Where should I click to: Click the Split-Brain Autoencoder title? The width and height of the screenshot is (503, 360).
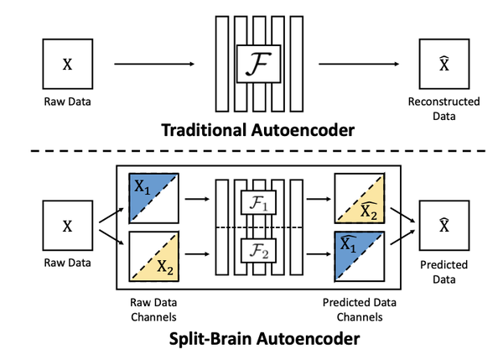pos(251,341)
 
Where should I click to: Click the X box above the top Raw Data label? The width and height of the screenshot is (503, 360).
pos(68,63)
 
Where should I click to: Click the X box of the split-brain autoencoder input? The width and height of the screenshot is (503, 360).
pos(68,227)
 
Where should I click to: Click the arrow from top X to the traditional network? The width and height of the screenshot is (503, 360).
pos(153,63)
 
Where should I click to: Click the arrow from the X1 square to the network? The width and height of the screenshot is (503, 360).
pos(197,201)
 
